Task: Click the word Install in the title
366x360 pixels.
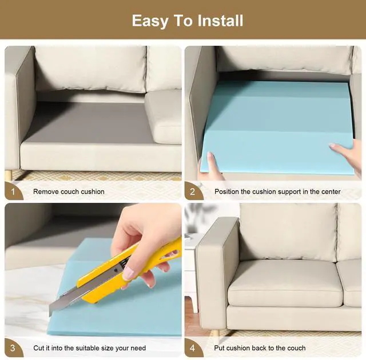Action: pyautogui.click(x=220, y=21)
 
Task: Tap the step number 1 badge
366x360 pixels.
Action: pyautogui.click(x=13, y=191)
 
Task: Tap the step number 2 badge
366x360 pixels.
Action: pyautogui.click(x=193, y=191)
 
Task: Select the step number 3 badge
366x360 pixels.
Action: pyautogui.click(x=13, y=348)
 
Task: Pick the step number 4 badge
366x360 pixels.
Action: pyautogui.click(x=193, y=348)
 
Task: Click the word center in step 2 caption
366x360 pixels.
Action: pyautogui.click(x=331, y=191)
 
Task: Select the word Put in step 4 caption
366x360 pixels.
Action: pyautogui.click(x=219, y=348)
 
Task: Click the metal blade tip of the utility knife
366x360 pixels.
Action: pyautogui.click(x=50, y=314)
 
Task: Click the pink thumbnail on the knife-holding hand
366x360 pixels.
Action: pyautogui.click(x=128, y=274)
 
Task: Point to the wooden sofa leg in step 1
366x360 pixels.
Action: pyautogui.click(x=9, y=176)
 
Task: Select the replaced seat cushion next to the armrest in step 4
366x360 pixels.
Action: pyautogui.click(x=285, y=284)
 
